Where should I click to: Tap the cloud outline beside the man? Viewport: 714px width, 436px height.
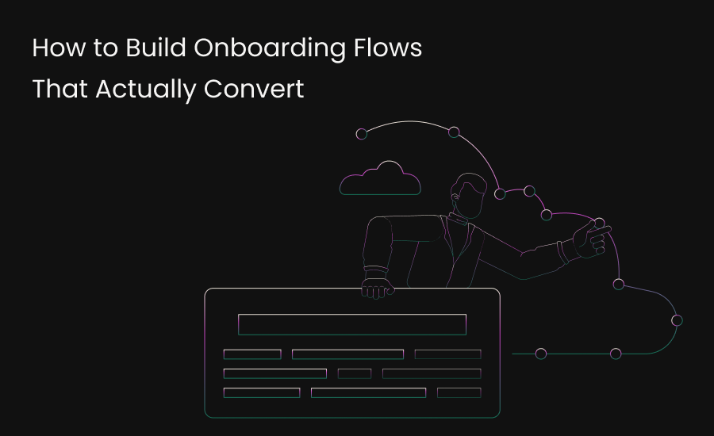380,180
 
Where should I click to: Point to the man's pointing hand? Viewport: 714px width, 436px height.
591,237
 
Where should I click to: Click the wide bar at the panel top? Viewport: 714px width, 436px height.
351,324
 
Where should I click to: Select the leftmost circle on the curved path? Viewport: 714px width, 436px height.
362,134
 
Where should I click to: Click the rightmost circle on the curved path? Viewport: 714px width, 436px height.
677,320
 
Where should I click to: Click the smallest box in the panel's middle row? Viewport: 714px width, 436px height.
355,373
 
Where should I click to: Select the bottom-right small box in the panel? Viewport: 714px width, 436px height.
459,392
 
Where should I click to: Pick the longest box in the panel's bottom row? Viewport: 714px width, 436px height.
368,392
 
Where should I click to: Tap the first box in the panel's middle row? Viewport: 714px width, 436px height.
274,373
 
